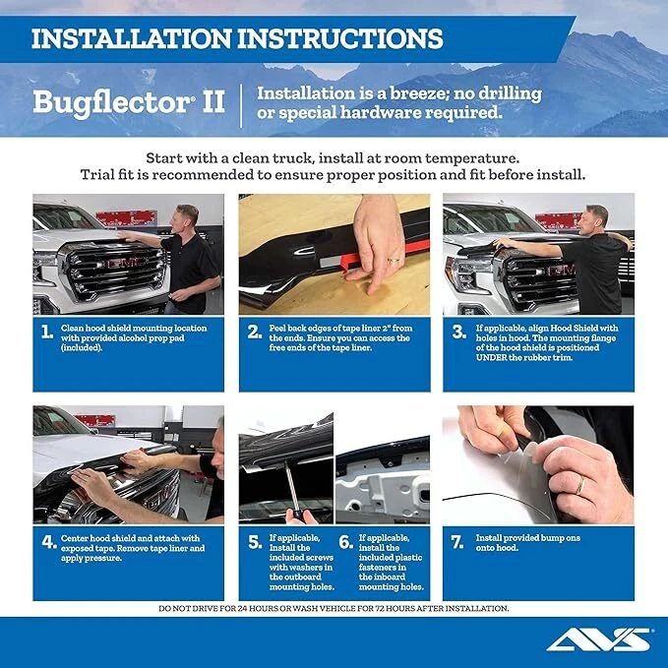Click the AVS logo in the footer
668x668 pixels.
598,640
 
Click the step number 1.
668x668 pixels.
46,332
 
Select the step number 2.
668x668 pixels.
254,332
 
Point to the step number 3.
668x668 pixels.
458,332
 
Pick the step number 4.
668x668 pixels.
48,541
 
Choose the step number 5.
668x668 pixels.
254,541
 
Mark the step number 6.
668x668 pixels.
345,541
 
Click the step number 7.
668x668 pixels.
458,541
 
